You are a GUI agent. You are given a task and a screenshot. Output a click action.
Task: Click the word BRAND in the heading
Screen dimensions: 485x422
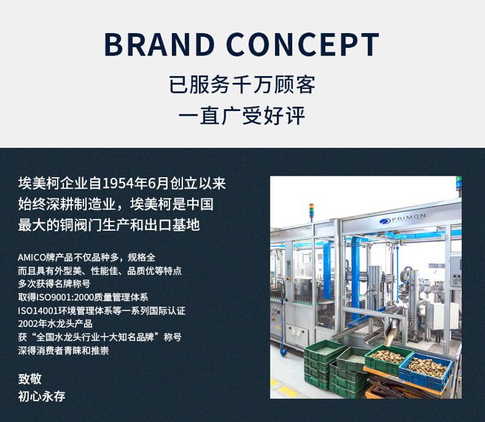tap(160, 44)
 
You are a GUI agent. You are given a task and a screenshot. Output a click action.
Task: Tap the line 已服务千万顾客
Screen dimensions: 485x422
tap(242, 85)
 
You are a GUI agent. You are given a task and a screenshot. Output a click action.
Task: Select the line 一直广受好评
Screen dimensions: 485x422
tap(242, 116)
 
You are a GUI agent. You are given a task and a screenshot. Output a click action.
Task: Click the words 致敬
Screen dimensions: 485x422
tap(30, 379)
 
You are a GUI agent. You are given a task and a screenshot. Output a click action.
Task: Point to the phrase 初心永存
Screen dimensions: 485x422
tap(41, 396)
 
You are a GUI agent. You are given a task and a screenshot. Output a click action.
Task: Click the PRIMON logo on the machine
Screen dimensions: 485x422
tap(402, 218)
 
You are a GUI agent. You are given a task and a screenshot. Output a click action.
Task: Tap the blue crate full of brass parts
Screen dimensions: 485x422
tap(426, 371)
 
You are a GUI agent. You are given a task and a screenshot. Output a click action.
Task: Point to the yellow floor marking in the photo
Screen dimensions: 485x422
tap(285, 388)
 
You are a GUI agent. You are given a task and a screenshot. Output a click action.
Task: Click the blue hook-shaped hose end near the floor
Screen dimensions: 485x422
tap(283, 351)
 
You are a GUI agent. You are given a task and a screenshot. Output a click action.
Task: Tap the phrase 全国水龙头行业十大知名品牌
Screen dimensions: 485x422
tap(95, 337)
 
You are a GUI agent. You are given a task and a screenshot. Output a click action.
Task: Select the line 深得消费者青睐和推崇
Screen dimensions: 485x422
tap(63, 350)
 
